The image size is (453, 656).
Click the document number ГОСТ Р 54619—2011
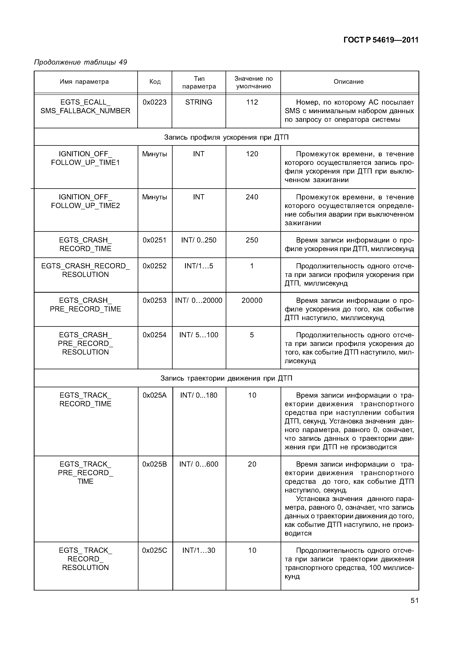click(381, 40)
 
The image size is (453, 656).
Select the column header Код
click(155, 82)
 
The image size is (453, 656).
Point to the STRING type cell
click(199, 102)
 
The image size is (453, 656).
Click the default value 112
click(252, 102)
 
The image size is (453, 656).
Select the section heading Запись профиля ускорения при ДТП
click(226, 138)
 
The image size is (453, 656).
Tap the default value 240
click(252, 197)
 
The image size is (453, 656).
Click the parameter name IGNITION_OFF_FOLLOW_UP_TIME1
click(85, 158)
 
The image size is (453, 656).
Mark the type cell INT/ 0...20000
click(199, 301)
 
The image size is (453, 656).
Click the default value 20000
click(252, 301)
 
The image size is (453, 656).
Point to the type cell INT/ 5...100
click(199, 335)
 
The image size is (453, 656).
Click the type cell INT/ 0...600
click(199, 464)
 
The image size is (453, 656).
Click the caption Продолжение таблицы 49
click(80, 62)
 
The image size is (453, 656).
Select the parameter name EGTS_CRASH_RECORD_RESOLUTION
click(85, 270)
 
